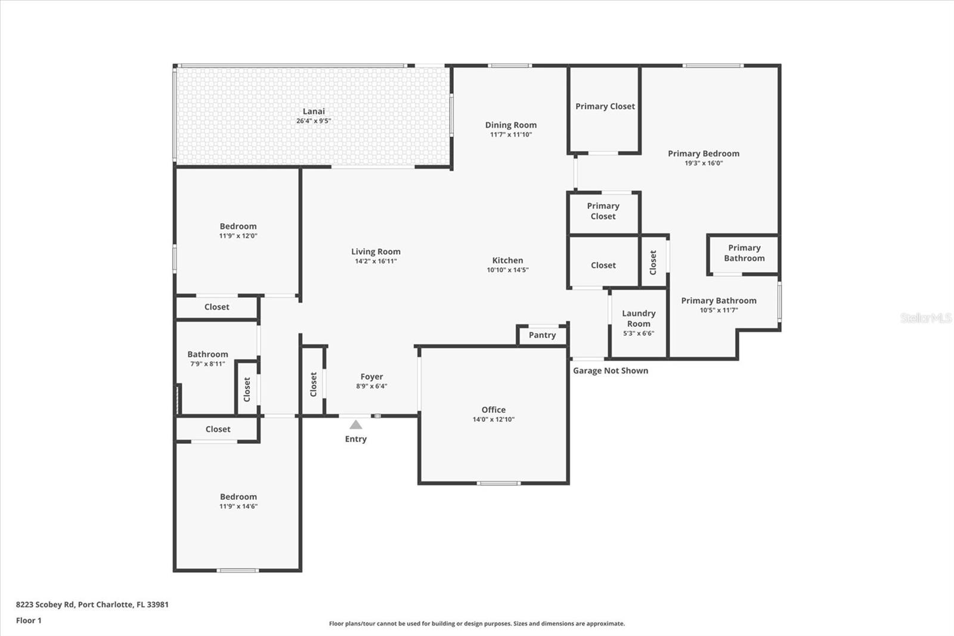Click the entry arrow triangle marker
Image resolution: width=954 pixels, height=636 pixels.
pyautogui.click(x=356, y=425)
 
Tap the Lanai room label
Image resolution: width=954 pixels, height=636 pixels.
pyautogui.click(x=314, y=111)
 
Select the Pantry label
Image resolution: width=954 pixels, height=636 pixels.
pyautogui.click(x=542, y=335)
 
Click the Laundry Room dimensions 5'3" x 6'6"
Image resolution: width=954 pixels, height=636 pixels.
pyautogui.click(x=639, y=334)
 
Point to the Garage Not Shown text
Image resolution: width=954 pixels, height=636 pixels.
pyautogui.click(x=610, y=371)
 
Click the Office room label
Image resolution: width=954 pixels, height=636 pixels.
pyautogui.click(x=493, y=410)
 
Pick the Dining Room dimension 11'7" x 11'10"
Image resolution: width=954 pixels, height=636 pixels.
pyautogui.click(x=511, y=135)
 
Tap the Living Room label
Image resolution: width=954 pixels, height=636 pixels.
pyautogui.click(x=376, y=252)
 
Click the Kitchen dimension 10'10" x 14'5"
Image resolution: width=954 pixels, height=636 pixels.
pyautogui.click(x=507, y=270)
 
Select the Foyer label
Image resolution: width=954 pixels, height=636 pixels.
pyautogui.click(x=371, y=376)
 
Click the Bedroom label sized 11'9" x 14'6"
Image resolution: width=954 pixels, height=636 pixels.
pyautogui.click(x=238, y=497)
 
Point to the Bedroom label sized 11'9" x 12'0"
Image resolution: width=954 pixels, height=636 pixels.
pyautogui.click(x=238, y=226)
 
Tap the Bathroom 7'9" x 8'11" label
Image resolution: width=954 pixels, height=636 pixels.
pyautogui.click(x=207, y=354)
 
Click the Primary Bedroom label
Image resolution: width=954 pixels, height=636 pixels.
pyautogui.click(x=704, y=153)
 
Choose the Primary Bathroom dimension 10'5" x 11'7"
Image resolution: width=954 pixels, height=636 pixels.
pyautogui.click(x=718, y=310)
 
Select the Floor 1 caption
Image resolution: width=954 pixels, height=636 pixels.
pyautogui.click(x=29, y=620)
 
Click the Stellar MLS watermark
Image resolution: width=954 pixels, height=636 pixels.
pyautogui.click(x=926, y=318)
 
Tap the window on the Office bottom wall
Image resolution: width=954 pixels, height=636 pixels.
pyautogui.click(x=498, y=483)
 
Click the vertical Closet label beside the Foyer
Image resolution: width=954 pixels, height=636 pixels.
pyautogui.click(x=313, y=384)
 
